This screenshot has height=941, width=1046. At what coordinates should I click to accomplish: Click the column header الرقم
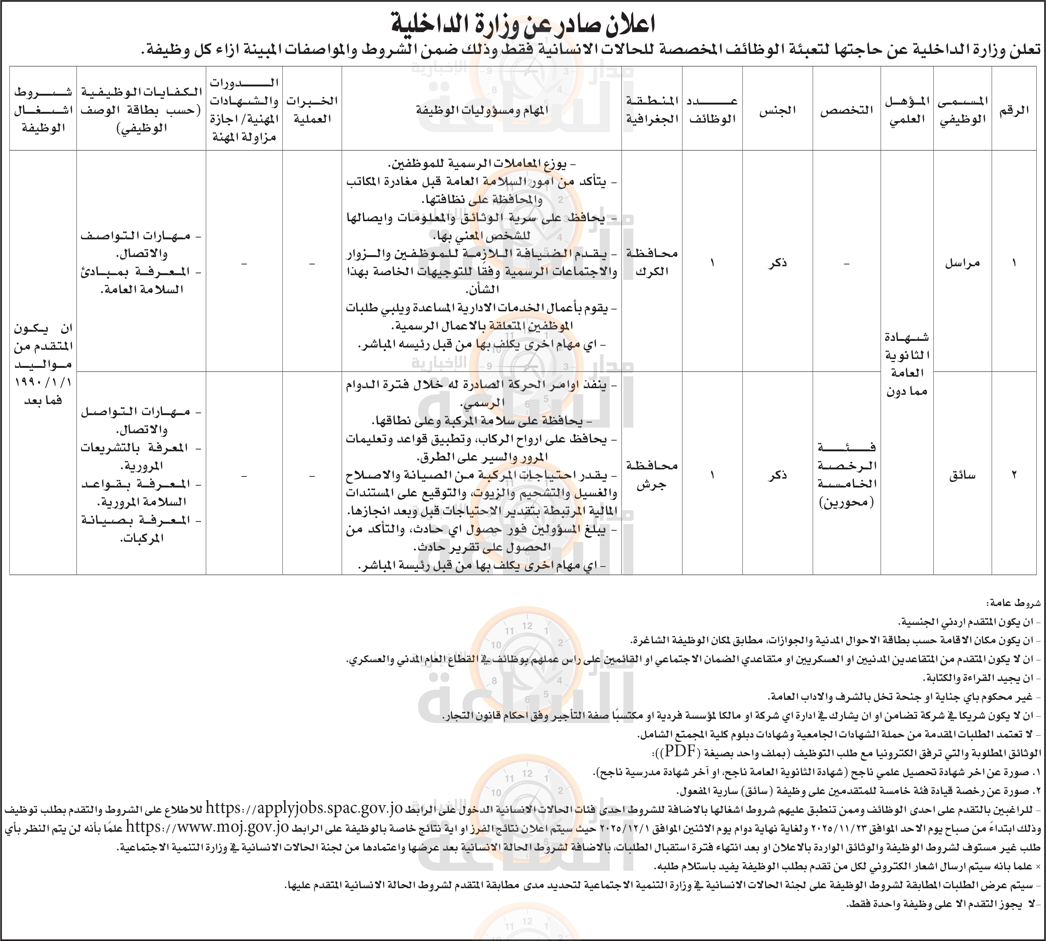(x=1014, y=110)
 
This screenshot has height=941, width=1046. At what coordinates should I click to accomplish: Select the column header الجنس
(x=777, y=110)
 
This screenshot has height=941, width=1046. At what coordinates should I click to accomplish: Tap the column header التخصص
(x=846, y=110)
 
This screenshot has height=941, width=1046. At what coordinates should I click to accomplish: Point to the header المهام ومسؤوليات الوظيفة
(x=481, y=110)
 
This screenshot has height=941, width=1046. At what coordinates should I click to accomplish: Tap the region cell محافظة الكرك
(x=652, y=262)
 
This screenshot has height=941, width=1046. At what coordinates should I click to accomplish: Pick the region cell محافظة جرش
(x=652, y=475)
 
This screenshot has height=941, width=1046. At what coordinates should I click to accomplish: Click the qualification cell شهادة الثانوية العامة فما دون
(x=907, y=364)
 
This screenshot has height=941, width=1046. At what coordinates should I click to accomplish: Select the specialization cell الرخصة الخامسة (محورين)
(x=846, y=475)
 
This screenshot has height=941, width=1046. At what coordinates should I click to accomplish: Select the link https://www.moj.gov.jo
(x=207, y=827)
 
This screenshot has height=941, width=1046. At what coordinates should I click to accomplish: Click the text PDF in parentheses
(x=679, y=751)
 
